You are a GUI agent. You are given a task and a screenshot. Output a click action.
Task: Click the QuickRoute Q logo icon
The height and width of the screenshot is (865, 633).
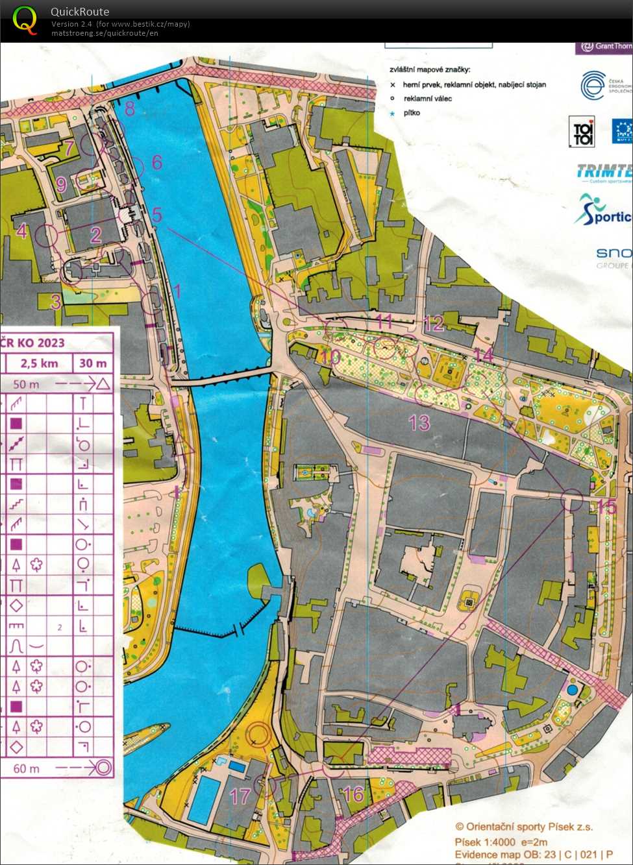25,19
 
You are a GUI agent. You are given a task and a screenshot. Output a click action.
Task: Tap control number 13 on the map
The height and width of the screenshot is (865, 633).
419,423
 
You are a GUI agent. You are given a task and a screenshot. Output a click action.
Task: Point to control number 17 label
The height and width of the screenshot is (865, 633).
240,796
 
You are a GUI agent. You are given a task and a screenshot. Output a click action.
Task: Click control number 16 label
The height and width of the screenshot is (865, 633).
353,793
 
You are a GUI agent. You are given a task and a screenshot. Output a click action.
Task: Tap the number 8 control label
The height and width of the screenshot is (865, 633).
130,108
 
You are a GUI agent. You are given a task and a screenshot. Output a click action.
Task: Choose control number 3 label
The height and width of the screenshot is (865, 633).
56,301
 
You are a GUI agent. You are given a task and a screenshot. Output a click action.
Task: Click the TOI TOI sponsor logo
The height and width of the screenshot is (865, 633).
582,132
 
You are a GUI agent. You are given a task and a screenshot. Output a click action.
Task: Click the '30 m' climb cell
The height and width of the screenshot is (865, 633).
93,363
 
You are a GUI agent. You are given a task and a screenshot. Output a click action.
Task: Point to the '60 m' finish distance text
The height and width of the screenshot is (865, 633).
26,768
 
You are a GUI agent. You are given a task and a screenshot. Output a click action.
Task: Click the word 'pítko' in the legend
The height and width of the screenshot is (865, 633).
412,113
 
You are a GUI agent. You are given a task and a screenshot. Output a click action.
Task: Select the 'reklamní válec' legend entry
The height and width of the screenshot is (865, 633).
427,99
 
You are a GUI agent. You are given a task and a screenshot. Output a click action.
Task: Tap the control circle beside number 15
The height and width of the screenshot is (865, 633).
572,499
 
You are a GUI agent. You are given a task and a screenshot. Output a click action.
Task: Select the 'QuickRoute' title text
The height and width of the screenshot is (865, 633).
80,12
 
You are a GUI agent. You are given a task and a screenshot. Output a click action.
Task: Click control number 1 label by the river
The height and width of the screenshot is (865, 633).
175,291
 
